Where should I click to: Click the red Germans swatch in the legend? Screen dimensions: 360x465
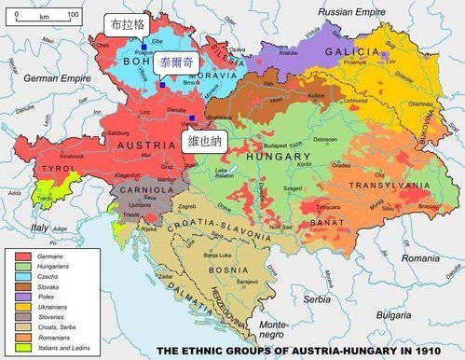point(27,255)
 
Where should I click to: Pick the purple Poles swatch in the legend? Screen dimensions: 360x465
point(27,296)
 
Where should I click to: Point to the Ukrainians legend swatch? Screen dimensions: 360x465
point(27,306)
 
